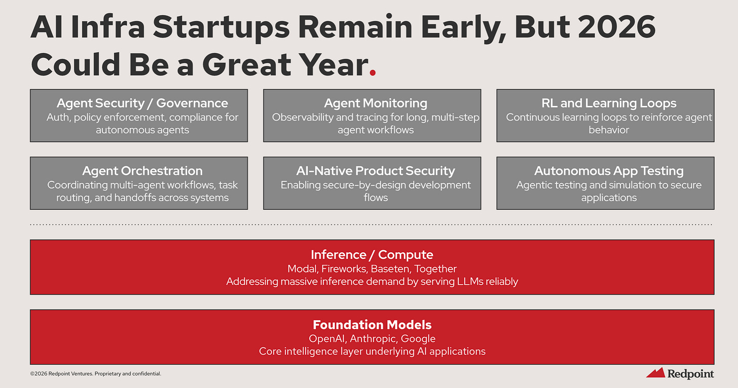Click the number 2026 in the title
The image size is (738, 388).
(617, 27)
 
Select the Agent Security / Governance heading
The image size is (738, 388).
(142, 103)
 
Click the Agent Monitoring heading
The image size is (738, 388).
(376, 103)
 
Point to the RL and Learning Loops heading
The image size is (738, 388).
(609, 103)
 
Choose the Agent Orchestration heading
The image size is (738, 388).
(142, 171)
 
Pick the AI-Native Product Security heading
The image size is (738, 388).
(376, 171)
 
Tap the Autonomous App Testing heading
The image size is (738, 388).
(609, 171)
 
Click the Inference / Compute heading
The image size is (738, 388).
(372, 255)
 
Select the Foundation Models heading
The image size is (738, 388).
(372, 325)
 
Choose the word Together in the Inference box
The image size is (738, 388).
(435, 269)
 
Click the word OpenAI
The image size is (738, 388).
(327, 338)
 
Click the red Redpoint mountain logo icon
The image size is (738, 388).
(656, 373)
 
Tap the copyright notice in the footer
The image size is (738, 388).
(95, 373)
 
